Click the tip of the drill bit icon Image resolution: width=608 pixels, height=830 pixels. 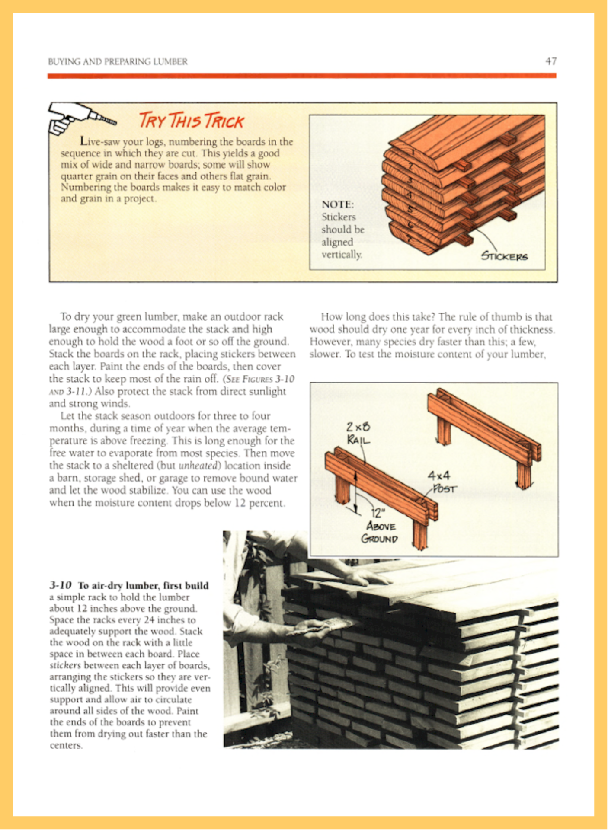116,122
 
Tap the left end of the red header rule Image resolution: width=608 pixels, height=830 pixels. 48,76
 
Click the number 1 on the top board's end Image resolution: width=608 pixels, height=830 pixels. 413,152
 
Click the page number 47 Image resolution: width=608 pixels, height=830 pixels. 551,61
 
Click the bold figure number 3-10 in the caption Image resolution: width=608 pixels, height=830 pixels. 60,585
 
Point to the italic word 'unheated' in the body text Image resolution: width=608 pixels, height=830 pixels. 199,466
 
